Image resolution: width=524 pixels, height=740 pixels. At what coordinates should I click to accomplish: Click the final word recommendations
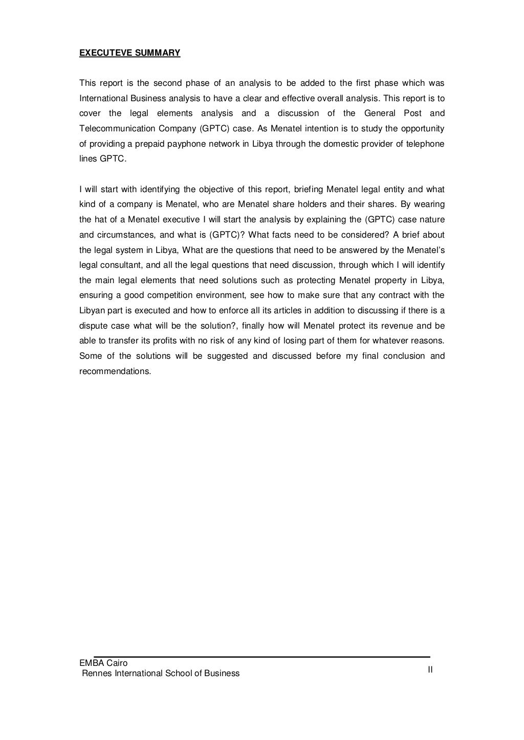click(x=115, y=372)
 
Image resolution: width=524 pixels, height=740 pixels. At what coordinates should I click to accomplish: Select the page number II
click(x=430, y=669)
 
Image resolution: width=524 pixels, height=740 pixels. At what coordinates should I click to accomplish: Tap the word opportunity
click(x=423, y=128)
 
